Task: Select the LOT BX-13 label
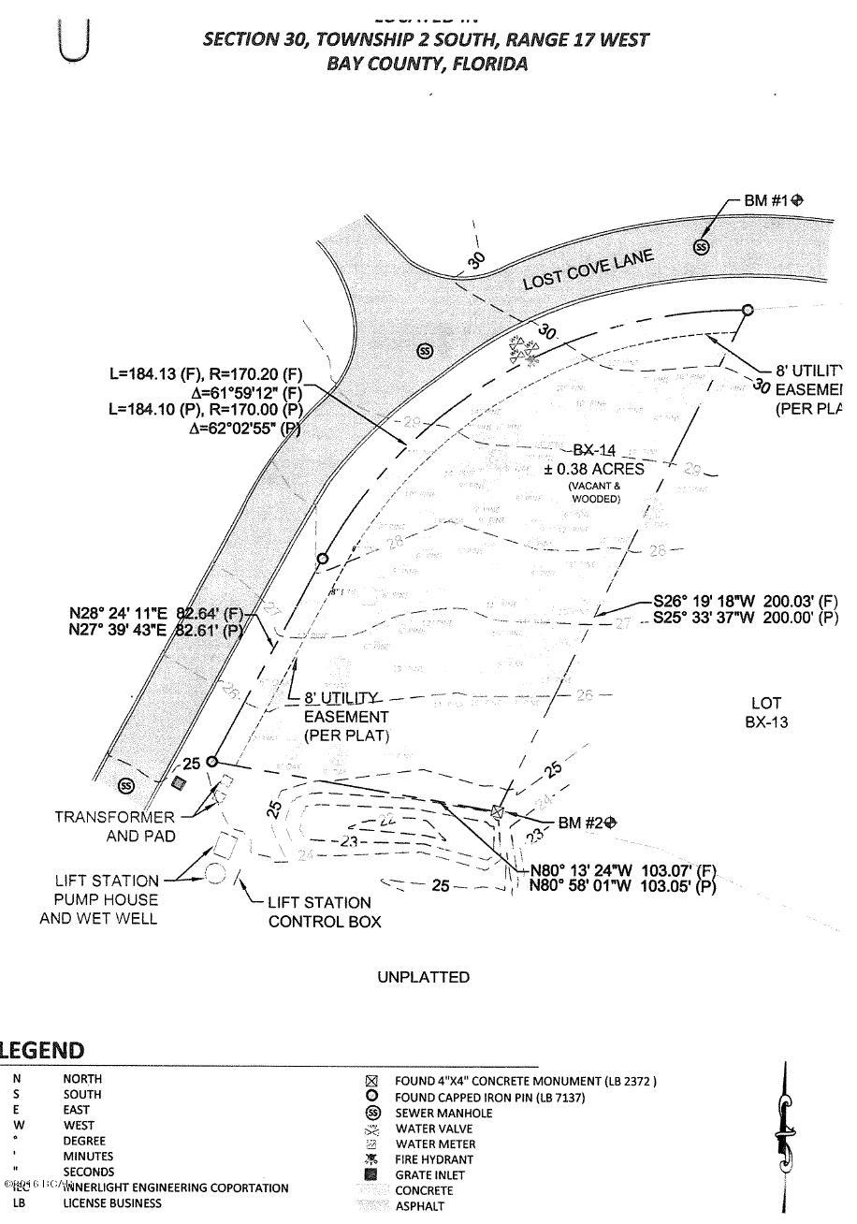(766, 712)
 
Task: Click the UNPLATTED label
(423, 977)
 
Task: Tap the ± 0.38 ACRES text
(594, 469)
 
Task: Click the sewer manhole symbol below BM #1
(701, 247)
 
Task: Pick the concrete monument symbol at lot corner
(498, 812)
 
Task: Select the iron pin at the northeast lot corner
(748, 310)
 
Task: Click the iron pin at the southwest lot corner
(212, 762)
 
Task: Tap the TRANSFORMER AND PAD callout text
(114, 826)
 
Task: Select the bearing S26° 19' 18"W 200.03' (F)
(745, 602)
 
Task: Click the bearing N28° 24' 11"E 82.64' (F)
(156, 615)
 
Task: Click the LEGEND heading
(42, 1050)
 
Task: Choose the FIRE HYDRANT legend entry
(435, 1159)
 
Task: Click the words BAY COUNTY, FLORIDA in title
(427, 64)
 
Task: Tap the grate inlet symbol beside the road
(178, 782)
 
